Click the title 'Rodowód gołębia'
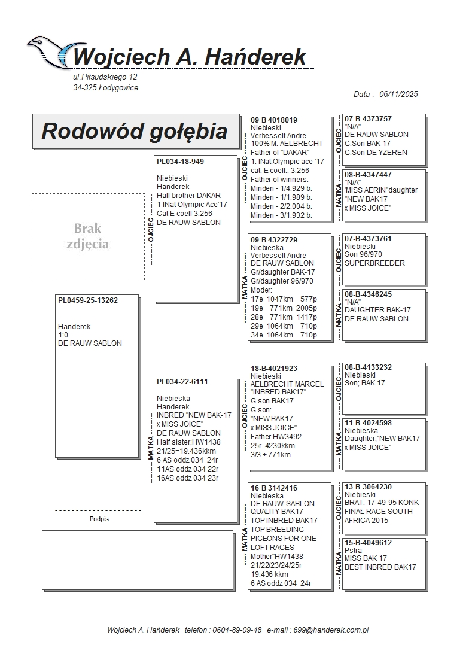(135, 131)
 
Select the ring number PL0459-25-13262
(88, 300)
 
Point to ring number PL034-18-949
(180, 162)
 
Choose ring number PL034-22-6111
(182, 381)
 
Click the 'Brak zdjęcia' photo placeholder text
(87, 236)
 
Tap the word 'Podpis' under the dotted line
(99, 519)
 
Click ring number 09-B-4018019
(274, 120)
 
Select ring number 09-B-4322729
(274, 239)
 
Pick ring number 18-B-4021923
(274, 369)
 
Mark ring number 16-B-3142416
(274, 488)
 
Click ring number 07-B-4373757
(368, 119)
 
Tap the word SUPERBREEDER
(374, 263)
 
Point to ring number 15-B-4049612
(368, 543)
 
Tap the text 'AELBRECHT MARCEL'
(287, 384)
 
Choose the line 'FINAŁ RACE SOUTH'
(378, 512)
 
